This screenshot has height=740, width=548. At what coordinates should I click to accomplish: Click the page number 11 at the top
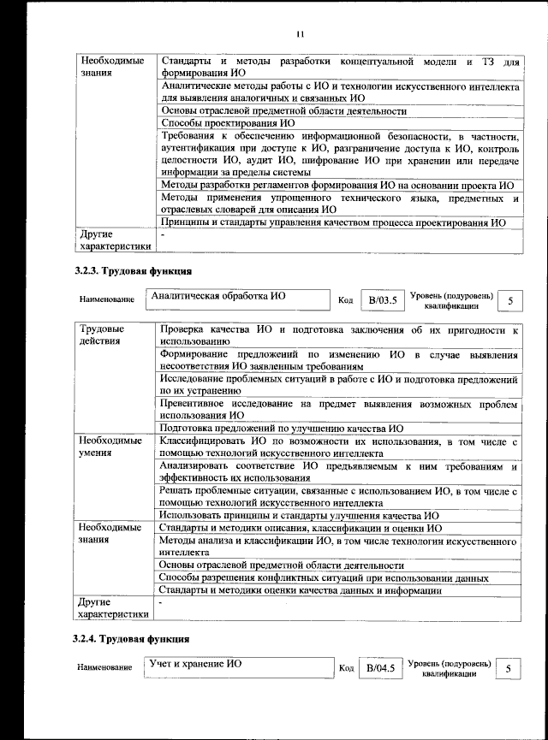tap(300, 35)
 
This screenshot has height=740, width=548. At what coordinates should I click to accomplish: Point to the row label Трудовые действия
tap(102, 334)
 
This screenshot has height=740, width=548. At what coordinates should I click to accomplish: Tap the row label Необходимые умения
tap(110, 447)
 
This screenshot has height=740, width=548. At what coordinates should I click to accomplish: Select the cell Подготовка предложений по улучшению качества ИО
tap(282, 429)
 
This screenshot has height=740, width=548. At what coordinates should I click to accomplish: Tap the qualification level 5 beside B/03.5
tap(511, 300)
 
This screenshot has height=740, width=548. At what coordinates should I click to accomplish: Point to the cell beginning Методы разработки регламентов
tap(337, 185)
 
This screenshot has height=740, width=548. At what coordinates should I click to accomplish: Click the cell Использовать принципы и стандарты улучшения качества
tap(300, 516)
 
